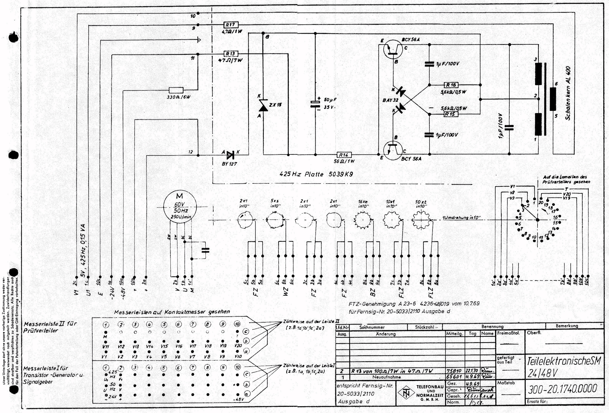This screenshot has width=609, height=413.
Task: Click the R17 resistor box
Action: tap(231, 25)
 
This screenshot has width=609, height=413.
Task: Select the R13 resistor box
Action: tap(230, 54)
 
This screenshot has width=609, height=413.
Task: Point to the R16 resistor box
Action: tap(451, 85)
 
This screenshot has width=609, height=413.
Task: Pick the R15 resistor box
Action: tap(451, 114)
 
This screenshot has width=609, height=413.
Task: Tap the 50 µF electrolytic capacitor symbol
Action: tap(315, 105)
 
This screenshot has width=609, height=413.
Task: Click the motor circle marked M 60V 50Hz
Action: tap(180, 207)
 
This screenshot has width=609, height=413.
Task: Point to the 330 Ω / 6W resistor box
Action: tap(176, 90)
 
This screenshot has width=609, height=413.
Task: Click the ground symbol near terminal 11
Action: tap(200, 40)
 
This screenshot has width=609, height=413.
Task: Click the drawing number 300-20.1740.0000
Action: tap(562, 389)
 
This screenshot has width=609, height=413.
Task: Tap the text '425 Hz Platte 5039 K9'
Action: tap(317, 174)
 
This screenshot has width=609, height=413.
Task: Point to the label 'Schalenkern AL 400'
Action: tap(568, 93)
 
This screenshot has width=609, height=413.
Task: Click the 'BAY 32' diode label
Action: tap(390, 100)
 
